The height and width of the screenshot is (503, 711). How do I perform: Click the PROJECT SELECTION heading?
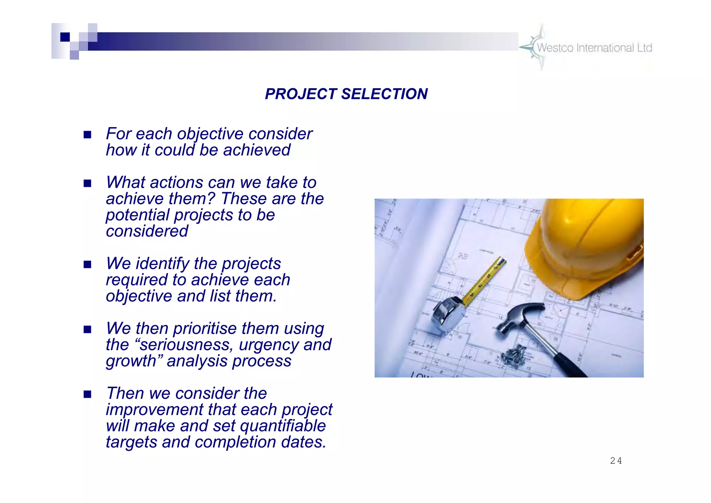346,94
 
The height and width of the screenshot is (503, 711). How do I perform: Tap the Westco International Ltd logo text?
594,48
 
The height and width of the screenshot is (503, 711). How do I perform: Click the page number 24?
616,461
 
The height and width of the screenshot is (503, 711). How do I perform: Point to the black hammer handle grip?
569,365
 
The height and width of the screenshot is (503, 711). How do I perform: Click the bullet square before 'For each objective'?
87,135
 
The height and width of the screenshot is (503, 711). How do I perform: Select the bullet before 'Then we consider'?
87,394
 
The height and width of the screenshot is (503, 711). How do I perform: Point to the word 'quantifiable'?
283,426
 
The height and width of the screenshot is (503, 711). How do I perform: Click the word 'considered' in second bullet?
147,231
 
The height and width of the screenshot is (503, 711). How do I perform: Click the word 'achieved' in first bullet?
257,150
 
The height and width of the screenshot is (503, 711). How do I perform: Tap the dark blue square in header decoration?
65,37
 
